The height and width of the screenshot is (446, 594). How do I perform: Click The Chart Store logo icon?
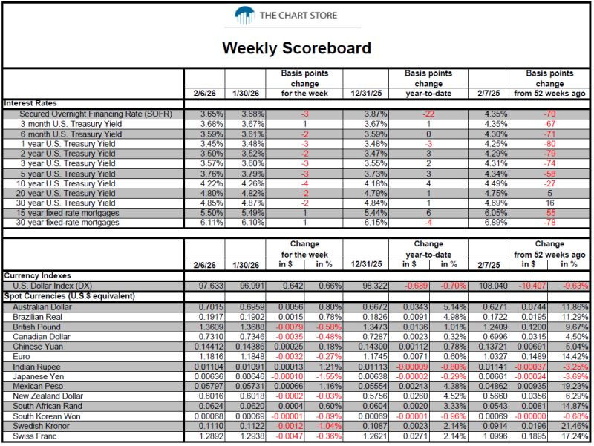click(x=244, y=16)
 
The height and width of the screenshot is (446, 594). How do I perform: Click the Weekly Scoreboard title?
click(x=296, y=48)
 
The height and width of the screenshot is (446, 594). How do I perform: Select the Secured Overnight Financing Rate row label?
click(x=96, y=114)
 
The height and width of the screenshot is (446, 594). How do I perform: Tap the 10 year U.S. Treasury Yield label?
click(x=65, y=183)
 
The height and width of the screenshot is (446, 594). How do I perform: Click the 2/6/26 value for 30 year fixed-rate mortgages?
click(x=212, y=223)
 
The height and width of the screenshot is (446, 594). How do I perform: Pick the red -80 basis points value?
click(x=549, y=144)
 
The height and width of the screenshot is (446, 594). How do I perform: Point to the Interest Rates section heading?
click(x=30, y=103)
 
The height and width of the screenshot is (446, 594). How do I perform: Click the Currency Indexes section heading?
click(x=38, y=275)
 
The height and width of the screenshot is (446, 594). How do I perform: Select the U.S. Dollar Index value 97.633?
click(x=212, y=286)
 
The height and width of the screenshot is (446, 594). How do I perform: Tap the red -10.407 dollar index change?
click(x=532, y=286)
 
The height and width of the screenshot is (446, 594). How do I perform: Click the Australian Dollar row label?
click(x=42, y=307)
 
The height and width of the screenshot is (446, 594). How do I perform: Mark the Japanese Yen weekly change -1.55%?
click(x=329, y=377)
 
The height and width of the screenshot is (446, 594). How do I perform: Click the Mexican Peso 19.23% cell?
click(x=575, y=386)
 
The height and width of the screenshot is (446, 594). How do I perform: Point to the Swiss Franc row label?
click(x=34, y=436)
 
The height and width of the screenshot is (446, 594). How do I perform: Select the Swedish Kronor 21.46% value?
click(x=575, y=426)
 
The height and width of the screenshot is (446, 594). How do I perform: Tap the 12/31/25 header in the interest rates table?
click(x=366, y=94)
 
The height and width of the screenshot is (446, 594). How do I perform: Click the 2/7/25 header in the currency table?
click(x=489, y=265)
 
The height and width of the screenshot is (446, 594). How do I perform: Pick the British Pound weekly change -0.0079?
click(x=290, y=327)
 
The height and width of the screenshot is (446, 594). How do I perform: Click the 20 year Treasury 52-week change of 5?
click(x=549, y=194)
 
